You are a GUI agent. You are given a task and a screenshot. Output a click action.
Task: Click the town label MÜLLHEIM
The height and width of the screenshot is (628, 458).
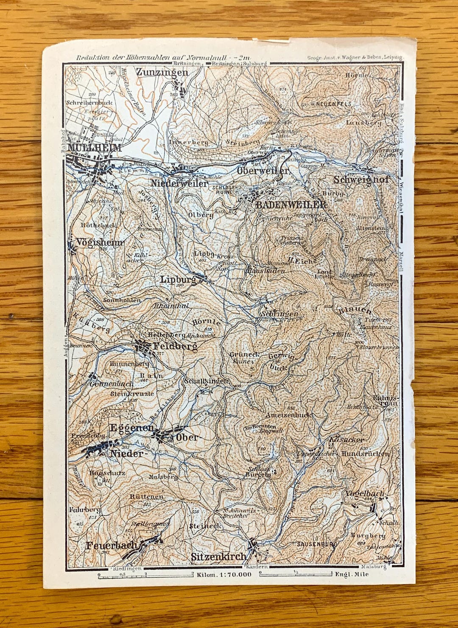95,148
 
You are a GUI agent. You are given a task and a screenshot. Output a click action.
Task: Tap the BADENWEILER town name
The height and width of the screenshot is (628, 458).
291,205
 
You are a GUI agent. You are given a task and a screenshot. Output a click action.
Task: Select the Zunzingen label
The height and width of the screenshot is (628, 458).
162,73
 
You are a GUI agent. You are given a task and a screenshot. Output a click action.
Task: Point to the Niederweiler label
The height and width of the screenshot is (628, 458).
179,183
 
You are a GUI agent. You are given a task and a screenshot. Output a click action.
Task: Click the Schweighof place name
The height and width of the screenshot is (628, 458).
361,179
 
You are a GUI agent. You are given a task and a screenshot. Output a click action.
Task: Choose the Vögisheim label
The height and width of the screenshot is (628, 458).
100,242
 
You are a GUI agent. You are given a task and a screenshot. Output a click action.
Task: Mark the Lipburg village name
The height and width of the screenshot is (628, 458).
178,279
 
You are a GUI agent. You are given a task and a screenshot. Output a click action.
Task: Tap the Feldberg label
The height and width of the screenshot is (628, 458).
175,347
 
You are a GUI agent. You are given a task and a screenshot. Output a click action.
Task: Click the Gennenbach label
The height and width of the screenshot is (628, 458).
112,384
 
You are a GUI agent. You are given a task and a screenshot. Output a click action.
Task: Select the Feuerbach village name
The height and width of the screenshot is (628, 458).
112,545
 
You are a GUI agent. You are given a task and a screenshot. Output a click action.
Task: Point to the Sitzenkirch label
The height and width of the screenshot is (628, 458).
218,557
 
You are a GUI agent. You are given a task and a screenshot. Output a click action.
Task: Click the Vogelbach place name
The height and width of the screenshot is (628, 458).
364,493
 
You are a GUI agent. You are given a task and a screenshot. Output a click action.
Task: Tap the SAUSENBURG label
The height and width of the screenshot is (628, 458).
317,544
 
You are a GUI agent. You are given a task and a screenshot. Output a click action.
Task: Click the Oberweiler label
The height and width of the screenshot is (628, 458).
263,171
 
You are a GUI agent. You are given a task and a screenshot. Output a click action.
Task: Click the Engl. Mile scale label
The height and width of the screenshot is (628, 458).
352,575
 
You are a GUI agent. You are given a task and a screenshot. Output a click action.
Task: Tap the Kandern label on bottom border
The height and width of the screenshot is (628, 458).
257,566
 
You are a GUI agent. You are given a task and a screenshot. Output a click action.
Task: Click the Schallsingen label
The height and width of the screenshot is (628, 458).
206,381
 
